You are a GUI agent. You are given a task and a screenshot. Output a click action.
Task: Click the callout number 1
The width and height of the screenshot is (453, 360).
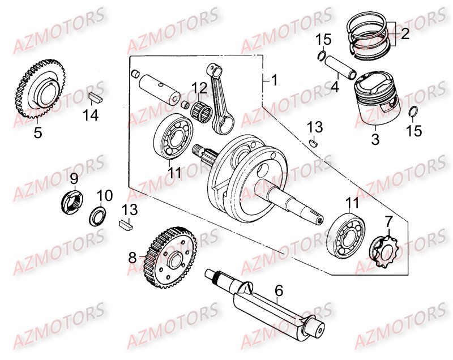tap(274, 80)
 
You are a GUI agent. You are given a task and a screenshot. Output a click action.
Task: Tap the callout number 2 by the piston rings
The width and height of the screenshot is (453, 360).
tap(404, 35)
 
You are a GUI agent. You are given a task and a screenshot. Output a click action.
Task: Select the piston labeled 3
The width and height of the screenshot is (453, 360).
tap(375, 100)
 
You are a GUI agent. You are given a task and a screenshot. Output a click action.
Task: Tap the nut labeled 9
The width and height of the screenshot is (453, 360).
tap(73, 201)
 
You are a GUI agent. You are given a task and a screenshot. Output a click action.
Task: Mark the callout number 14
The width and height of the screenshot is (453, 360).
tap(91, 115)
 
